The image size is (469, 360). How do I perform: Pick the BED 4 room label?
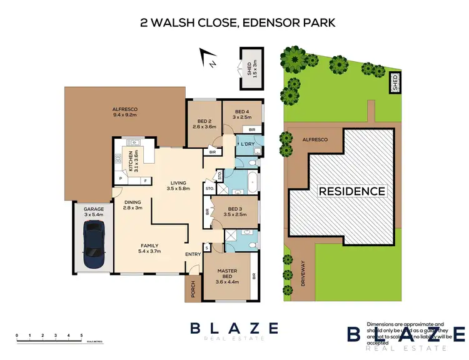pos(241,114)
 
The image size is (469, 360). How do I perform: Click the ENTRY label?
pos(193,254)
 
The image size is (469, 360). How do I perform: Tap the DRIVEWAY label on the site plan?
pos(303,272)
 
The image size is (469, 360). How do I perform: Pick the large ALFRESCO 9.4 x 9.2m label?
pos(124,112)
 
